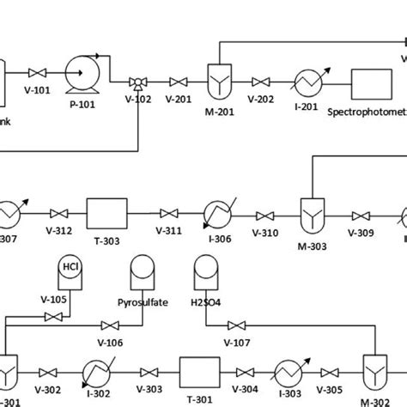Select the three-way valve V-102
[x=136, y=82]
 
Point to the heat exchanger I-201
[x=305, y=82]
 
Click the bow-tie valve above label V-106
[x=110, y=325]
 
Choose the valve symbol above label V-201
[x=179, y=82]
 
